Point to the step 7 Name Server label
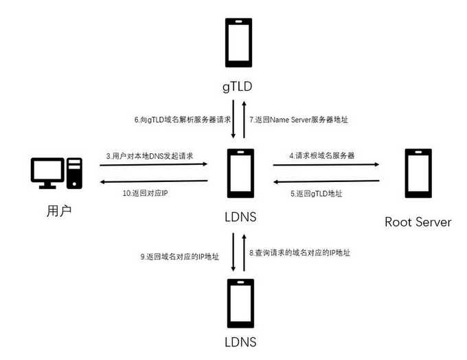299,119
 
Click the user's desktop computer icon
56,174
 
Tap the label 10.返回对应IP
146,193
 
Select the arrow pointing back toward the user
155,181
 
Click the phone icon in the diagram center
241,173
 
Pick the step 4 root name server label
321,155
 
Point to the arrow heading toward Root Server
327,165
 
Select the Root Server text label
418,222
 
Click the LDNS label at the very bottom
240,341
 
